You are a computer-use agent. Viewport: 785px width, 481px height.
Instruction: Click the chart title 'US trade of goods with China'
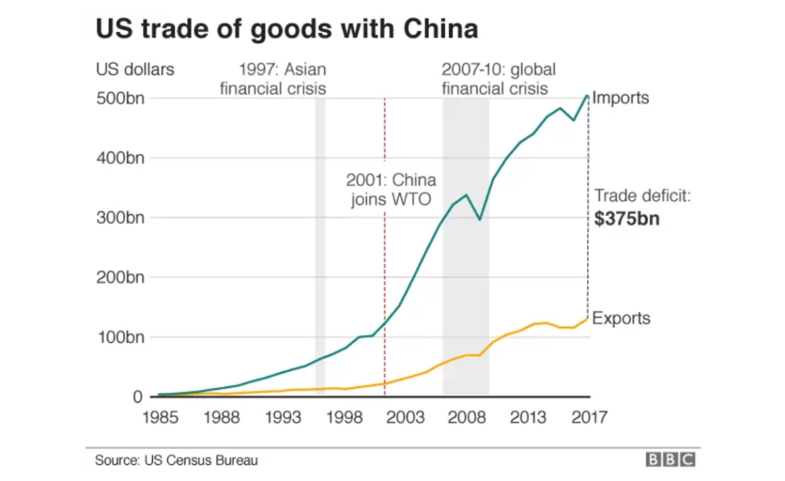click(287, 29)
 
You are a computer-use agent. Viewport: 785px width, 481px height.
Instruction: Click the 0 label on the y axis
click(137, 397)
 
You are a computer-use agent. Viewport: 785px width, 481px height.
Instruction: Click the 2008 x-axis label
click(467, 418)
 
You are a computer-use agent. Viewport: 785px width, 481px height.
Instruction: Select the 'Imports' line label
click(621, 98)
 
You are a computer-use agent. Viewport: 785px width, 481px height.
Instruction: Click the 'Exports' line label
click(621, 319)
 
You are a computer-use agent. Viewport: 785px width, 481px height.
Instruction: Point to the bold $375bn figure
click(627, 219)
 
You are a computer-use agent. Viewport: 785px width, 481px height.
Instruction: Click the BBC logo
click(669, 460)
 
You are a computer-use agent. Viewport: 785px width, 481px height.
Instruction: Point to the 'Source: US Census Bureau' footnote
click(177, 460)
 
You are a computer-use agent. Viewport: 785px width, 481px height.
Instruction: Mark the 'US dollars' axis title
click(135, 70)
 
